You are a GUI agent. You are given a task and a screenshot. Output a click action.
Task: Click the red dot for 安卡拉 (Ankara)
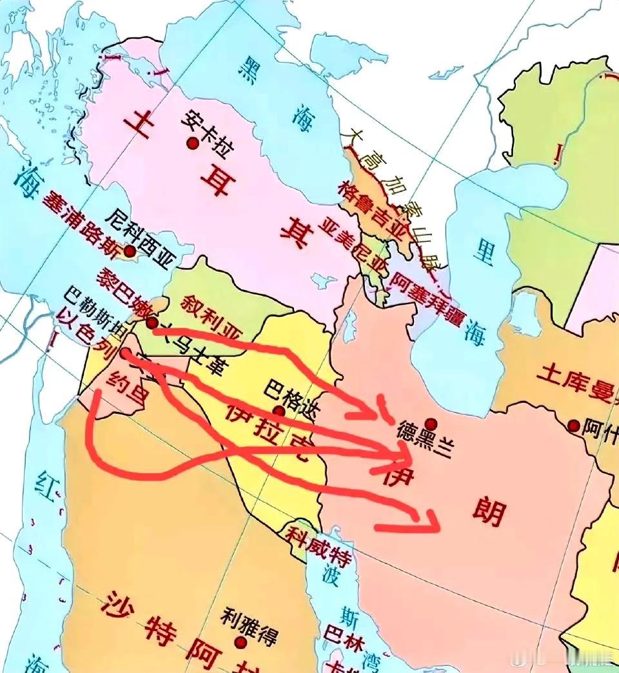tap(192, 143)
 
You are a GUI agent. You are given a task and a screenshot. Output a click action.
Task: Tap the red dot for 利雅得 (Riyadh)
tap(241, 643)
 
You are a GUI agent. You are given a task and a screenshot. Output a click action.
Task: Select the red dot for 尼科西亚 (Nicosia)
tap(130, 251)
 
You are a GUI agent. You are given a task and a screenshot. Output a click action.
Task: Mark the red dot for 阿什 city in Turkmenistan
tap(573, 425)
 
